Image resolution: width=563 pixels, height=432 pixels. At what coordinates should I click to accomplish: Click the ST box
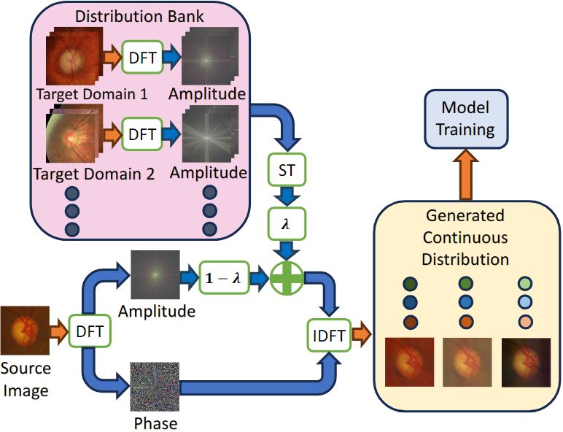pos(287,169)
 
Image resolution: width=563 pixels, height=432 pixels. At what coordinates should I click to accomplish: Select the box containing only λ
pos(287,224)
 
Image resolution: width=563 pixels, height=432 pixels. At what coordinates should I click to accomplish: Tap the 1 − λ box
pos(224,277)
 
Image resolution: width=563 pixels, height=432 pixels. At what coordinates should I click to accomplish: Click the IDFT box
pos(329,336)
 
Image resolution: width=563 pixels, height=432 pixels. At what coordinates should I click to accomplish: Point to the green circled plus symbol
pos(287,279)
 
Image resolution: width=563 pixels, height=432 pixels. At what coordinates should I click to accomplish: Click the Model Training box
pos(466,119)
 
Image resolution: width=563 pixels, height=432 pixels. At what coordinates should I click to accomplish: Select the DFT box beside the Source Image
pos(90,331)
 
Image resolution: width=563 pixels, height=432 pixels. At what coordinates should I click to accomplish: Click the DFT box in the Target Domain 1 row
pos(142,58)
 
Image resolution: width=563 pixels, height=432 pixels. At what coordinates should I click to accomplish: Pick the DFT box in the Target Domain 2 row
pos(142,134)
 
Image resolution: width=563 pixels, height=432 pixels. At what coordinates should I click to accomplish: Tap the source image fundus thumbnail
pos(25,331)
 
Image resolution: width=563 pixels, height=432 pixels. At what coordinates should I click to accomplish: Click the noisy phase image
pos(155,386)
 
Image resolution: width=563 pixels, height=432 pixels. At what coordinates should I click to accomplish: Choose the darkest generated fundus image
pos(526,362)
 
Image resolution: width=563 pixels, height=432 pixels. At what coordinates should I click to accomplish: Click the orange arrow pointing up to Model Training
pos(466,174)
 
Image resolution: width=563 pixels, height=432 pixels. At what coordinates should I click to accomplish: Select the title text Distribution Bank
pos(139,17)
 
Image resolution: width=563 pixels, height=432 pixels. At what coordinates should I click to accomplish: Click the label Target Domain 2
pos(94,174)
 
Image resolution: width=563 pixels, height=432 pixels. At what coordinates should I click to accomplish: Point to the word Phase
pos(155,423)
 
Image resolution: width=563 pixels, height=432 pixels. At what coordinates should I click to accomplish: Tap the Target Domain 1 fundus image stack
pos(74,56)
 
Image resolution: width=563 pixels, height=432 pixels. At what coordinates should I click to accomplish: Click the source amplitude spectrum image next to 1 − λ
pos(155,274)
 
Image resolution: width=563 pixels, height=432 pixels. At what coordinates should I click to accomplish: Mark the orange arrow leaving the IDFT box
pos(361,334)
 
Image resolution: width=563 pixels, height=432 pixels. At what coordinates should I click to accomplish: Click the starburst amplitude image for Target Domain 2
pos(211,134)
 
